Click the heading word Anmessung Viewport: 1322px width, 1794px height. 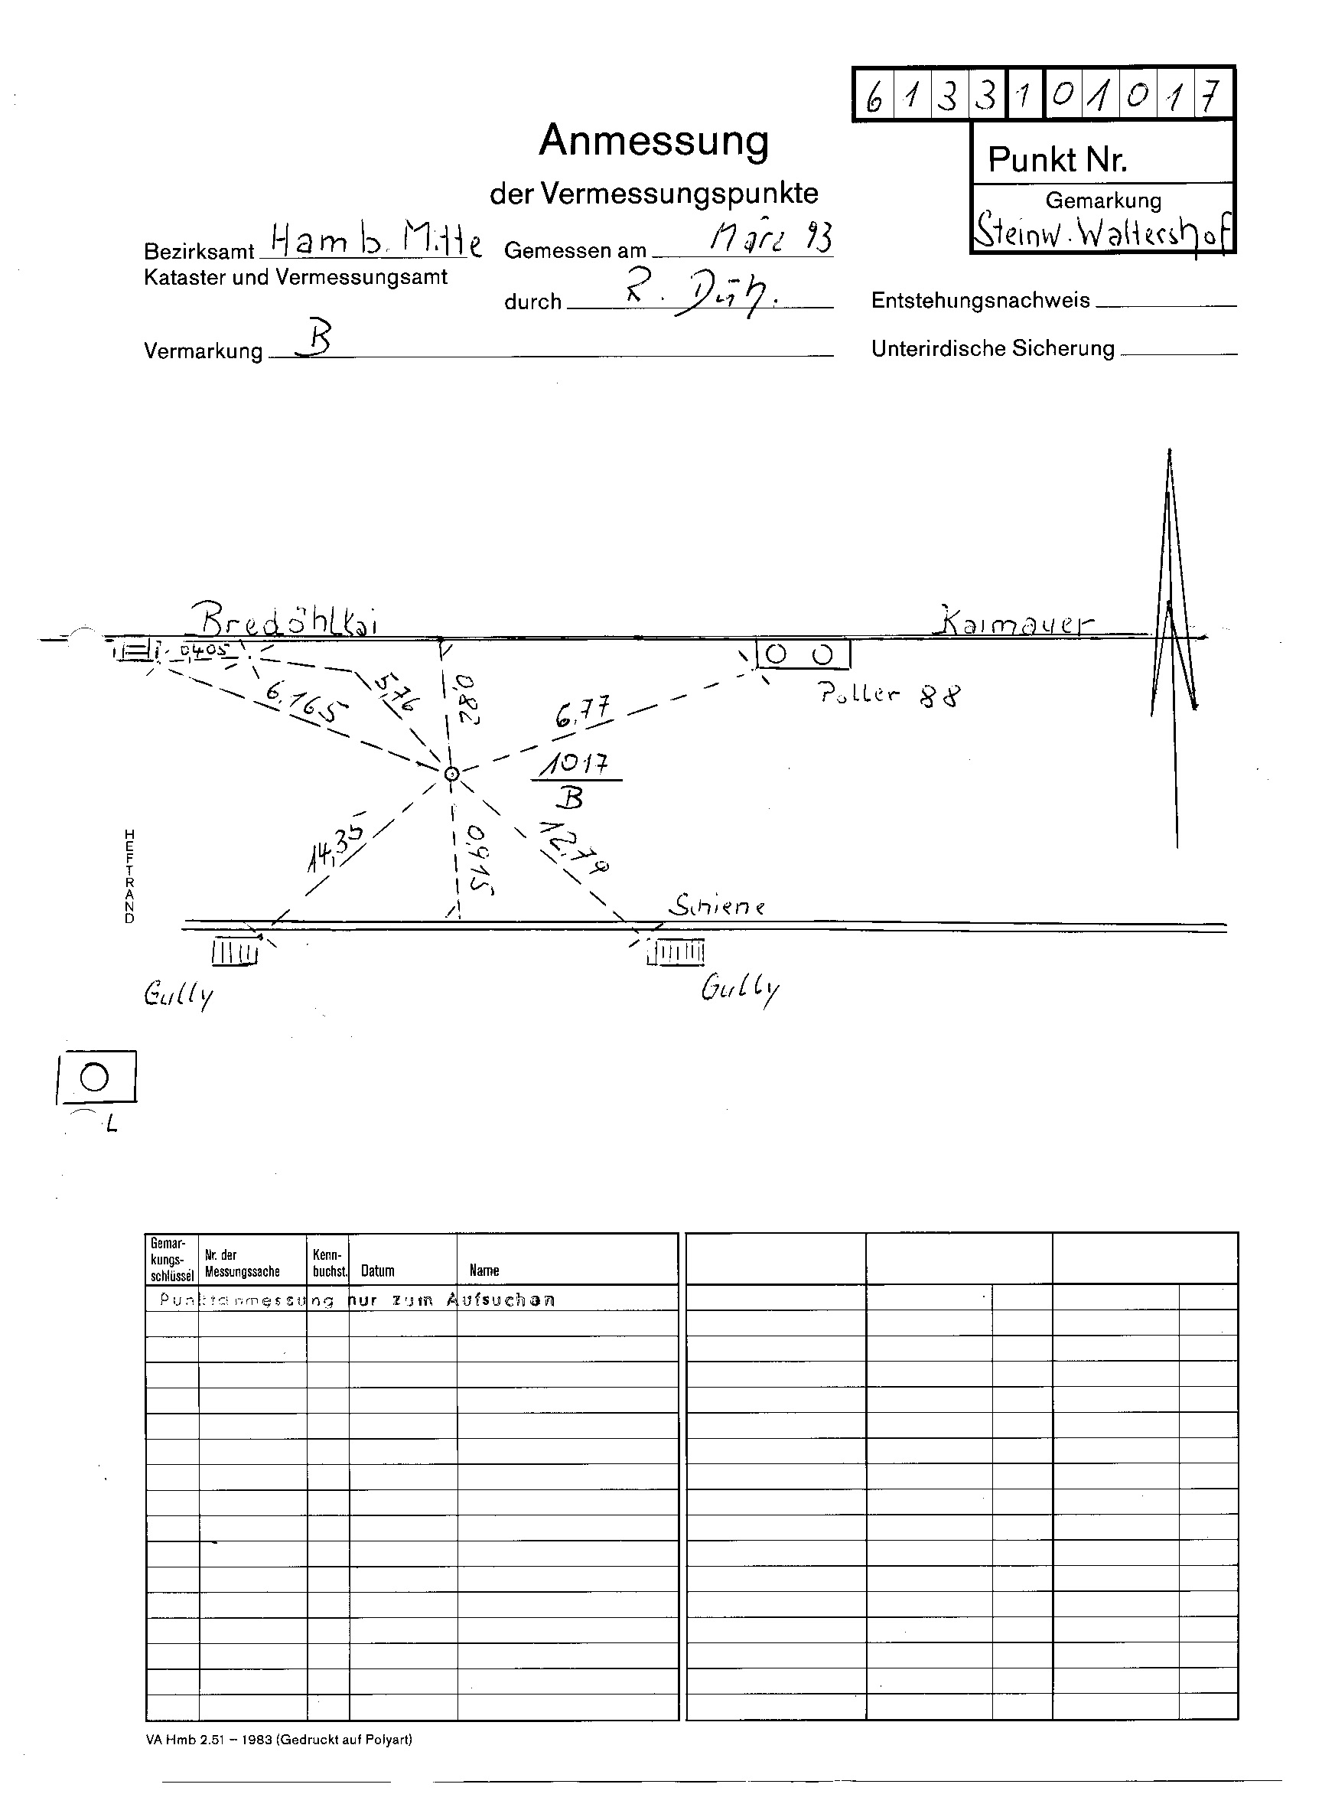[x=653, y=141]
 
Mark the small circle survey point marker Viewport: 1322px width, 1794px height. [x=451, y=773]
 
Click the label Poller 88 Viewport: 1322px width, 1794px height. [x=888, y=694]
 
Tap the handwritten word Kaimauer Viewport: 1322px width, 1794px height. [x=1014, y=622]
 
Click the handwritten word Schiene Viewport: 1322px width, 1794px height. [x=717, y=905]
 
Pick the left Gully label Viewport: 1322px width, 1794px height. [x=178, y=995]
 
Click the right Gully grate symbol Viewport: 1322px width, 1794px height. [x=676, y=953]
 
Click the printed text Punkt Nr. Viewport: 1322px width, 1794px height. [x=1057, y=160]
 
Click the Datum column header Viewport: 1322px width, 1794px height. [x=377, y=1270]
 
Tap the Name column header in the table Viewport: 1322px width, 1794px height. [x=484, y=1270]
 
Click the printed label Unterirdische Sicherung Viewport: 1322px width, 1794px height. [x=992, y=348]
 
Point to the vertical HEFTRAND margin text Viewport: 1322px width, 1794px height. [x=129, y=876]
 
